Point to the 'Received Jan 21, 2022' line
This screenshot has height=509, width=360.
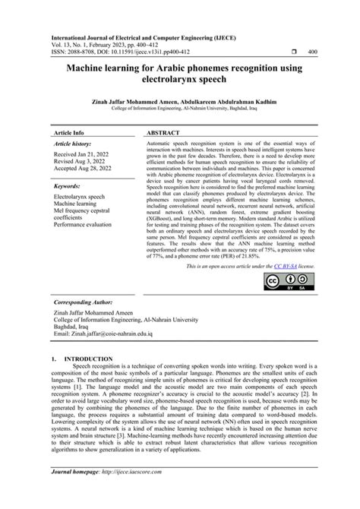point(82,154)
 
